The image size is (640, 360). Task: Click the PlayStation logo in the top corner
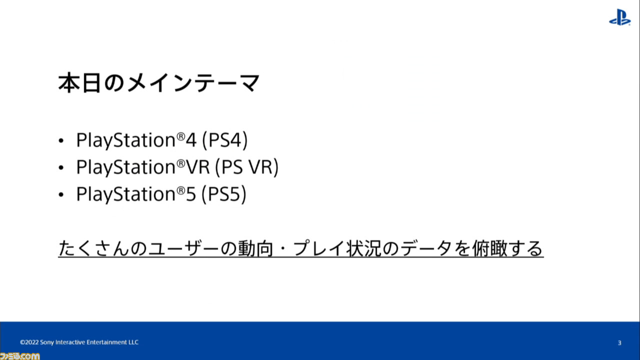[x=619, y=17]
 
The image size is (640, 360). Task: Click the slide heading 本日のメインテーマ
[x=159, y=83]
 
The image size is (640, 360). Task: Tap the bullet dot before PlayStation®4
[x=61, y=140]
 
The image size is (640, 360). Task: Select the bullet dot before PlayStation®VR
[x=61, y=167]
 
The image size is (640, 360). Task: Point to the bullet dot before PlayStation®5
[x=61, y=194]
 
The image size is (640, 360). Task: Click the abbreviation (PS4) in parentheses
[x=225, y=140]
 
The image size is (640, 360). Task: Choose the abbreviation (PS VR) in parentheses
[x=246, y=167]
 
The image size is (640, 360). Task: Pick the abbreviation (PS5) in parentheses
[x=223, y=194]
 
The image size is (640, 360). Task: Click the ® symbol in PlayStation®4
[x=181, y=136]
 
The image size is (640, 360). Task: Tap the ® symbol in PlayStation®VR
[x=181, y=163]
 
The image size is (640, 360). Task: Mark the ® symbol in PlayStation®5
[x=181, y=190]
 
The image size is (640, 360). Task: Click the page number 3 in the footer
[x=619, y=343]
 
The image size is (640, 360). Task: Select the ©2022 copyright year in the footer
[x=29, y=342]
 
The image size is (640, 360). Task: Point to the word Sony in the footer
[x=47, y=342]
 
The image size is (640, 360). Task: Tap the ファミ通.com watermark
[x=19, y=356]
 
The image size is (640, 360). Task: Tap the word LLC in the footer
[x=133, y=342]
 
